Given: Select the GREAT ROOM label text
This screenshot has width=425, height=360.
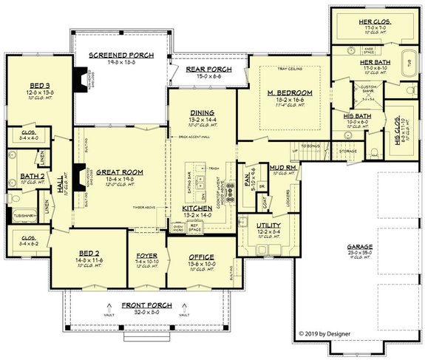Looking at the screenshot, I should click(119, 171).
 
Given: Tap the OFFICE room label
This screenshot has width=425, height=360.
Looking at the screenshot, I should click(201, 257).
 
